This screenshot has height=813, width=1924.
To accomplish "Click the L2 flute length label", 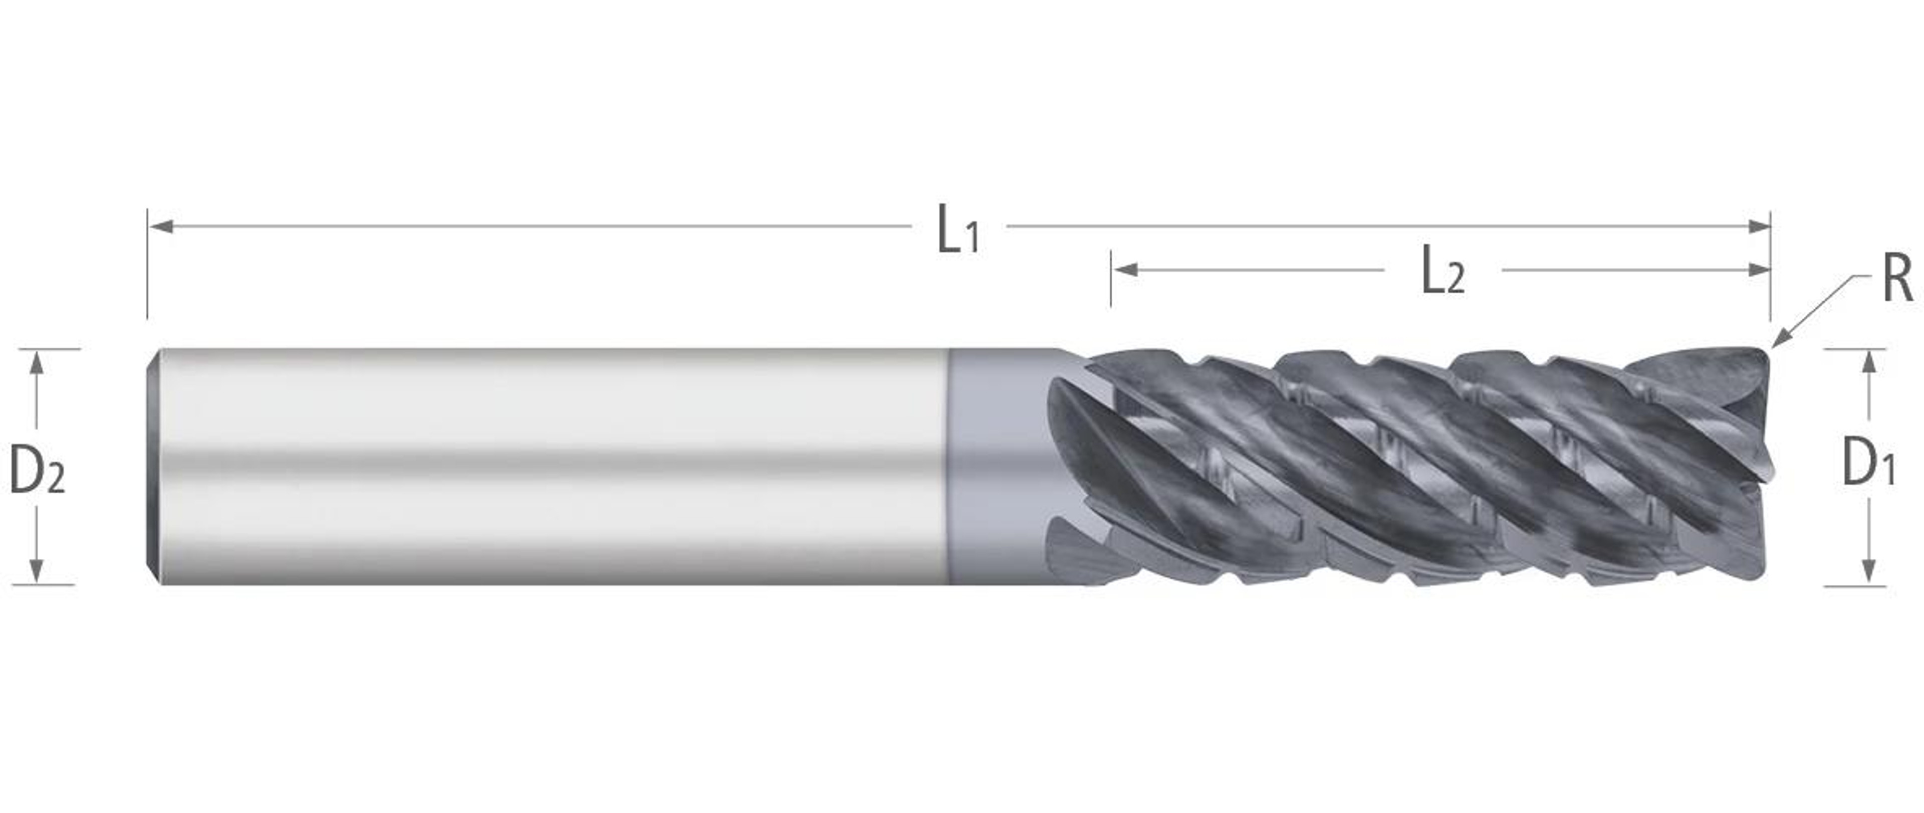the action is (1443, 274).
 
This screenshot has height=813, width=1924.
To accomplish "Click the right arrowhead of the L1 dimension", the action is (1758, 226).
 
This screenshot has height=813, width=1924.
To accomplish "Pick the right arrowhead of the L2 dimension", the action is (1758, 269).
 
